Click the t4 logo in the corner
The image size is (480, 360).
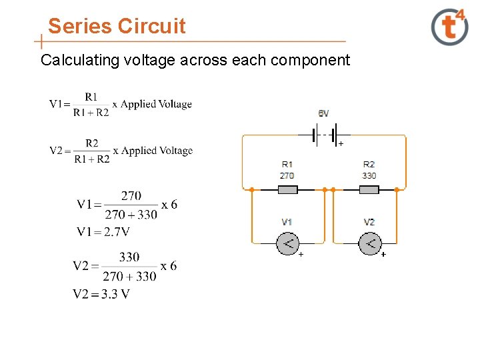[450, 27]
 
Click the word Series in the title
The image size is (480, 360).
[80, 27]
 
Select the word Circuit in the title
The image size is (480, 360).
[152, 27]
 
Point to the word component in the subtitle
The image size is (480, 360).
[311, 61]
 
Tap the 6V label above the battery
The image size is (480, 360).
[323, 114]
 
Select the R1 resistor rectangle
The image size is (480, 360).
[287, 190]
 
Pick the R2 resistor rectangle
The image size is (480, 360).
[369, 190]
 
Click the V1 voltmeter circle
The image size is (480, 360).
[287, 243]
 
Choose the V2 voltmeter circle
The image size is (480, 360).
[370, 243]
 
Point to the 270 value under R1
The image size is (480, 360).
[287, 176]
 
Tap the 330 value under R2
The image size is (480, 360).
[369, 176]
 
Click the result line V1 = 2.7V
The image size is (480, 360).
[103, 232]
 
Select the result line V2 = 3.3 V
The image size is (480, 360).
[101, 294]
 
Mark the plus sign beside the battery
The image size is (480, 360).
[341, 144]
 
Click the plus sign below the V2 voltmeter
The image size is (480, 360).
[383, 255]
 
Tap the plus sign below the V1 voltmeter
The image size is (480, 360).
[301, 255]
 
